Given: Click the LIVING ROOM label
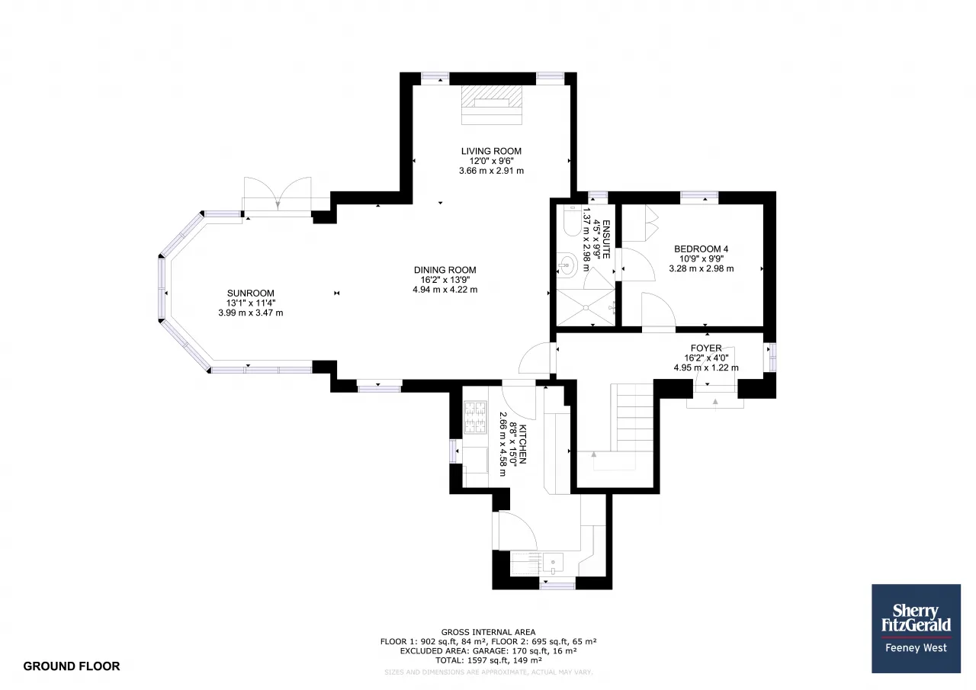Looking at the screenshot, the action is click(x=491, y=151).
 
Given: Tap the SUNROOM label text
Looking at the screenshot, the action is click(x=251, y=294).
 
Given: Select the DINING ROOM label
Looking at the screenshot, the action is click(x=445, y=270).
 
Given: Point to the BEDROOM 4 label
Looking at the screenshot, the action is click(x=701, y=249).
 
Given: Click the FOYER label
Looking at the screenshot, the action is click(x=706, y=348).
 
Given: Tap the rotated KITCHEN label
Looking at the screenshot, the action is click(x=523, y=444).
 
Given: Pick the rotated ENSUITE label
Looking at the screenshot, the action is click(x=606, y=239).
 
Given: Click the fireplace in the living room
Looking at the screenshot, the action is click(x=492, y=105).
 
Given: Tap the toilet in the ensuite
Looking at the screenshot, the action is click(x=571, y=221).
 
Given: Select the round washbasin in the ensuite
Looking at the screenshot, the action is click(x=567, y=265).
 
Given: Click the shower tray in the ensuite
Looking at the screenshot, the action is click(x=586, y=307).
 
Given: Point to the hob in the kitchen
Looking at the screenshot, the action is click(x=475, y=418).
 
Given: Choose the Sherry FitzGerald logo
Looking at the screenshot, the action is click(x=916, y=628).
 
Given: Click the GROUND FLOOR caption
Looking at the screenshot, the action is click(x=72, y=666).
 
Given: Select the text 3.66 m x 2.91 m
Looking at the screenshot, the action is click(x=491, y=171).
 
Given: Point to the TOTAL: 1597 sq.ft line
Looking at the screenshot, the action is click(x=488, y=660).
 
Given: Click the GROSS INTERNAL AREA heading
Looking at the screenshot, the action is click(x=488, y=631).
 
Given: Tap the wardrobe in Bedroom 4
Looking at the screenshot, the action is click(x=640, y=223).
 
